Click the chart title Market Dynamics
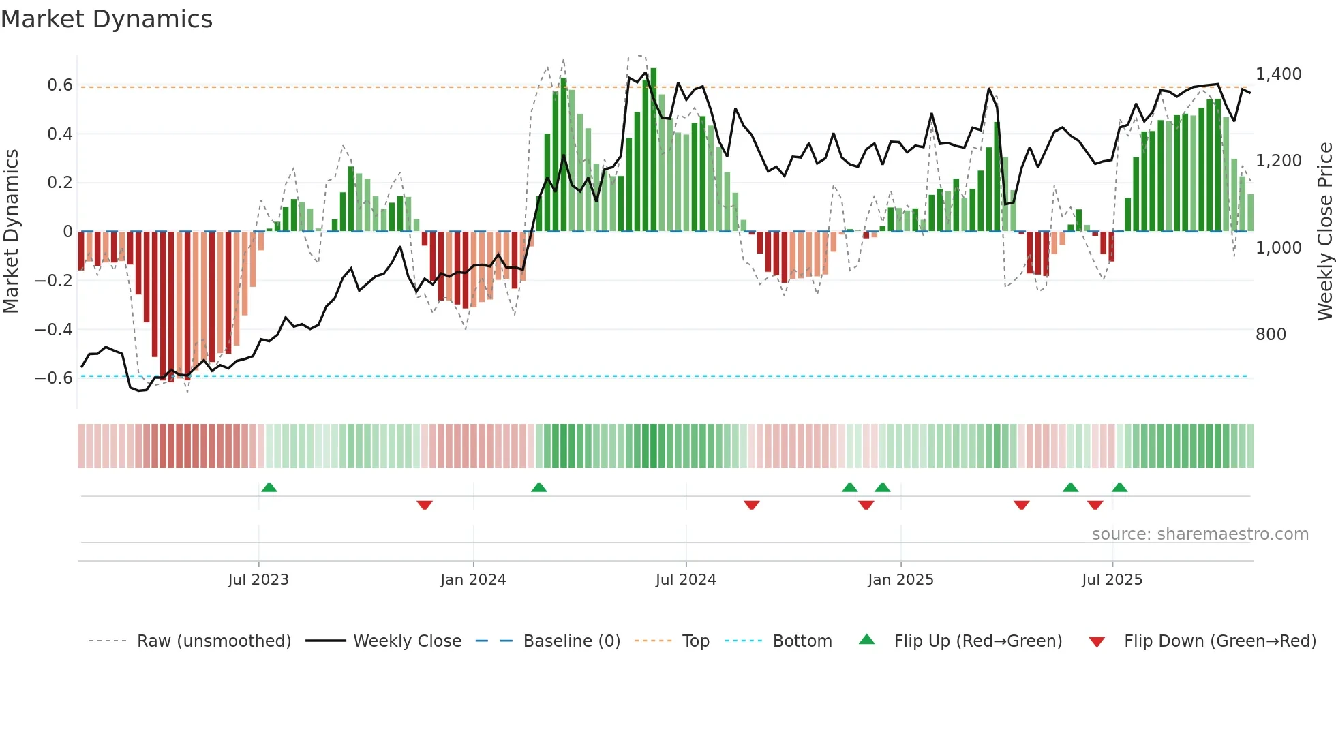[106, 19]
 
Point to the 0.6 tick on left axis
[60, 85]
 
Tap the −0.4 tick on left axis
[54, 329]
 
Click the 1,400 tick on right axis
[1278, 74]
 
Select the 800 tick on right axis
[1271, 334]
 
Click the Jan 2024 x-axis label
[473, 579]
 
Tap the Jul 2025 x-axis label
[1112, 579]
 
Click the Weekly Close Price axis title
[1324, 232]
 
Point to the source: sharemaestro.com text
[1200, 534]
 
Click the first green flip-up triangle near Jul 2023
[269, 487]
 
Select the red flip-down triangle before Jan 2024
[425, 505]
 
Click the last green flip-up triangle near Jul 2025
[1119, 487]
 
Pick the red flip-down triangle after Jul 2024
[752, 505]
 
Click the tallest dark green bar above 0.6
[653, 150]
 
